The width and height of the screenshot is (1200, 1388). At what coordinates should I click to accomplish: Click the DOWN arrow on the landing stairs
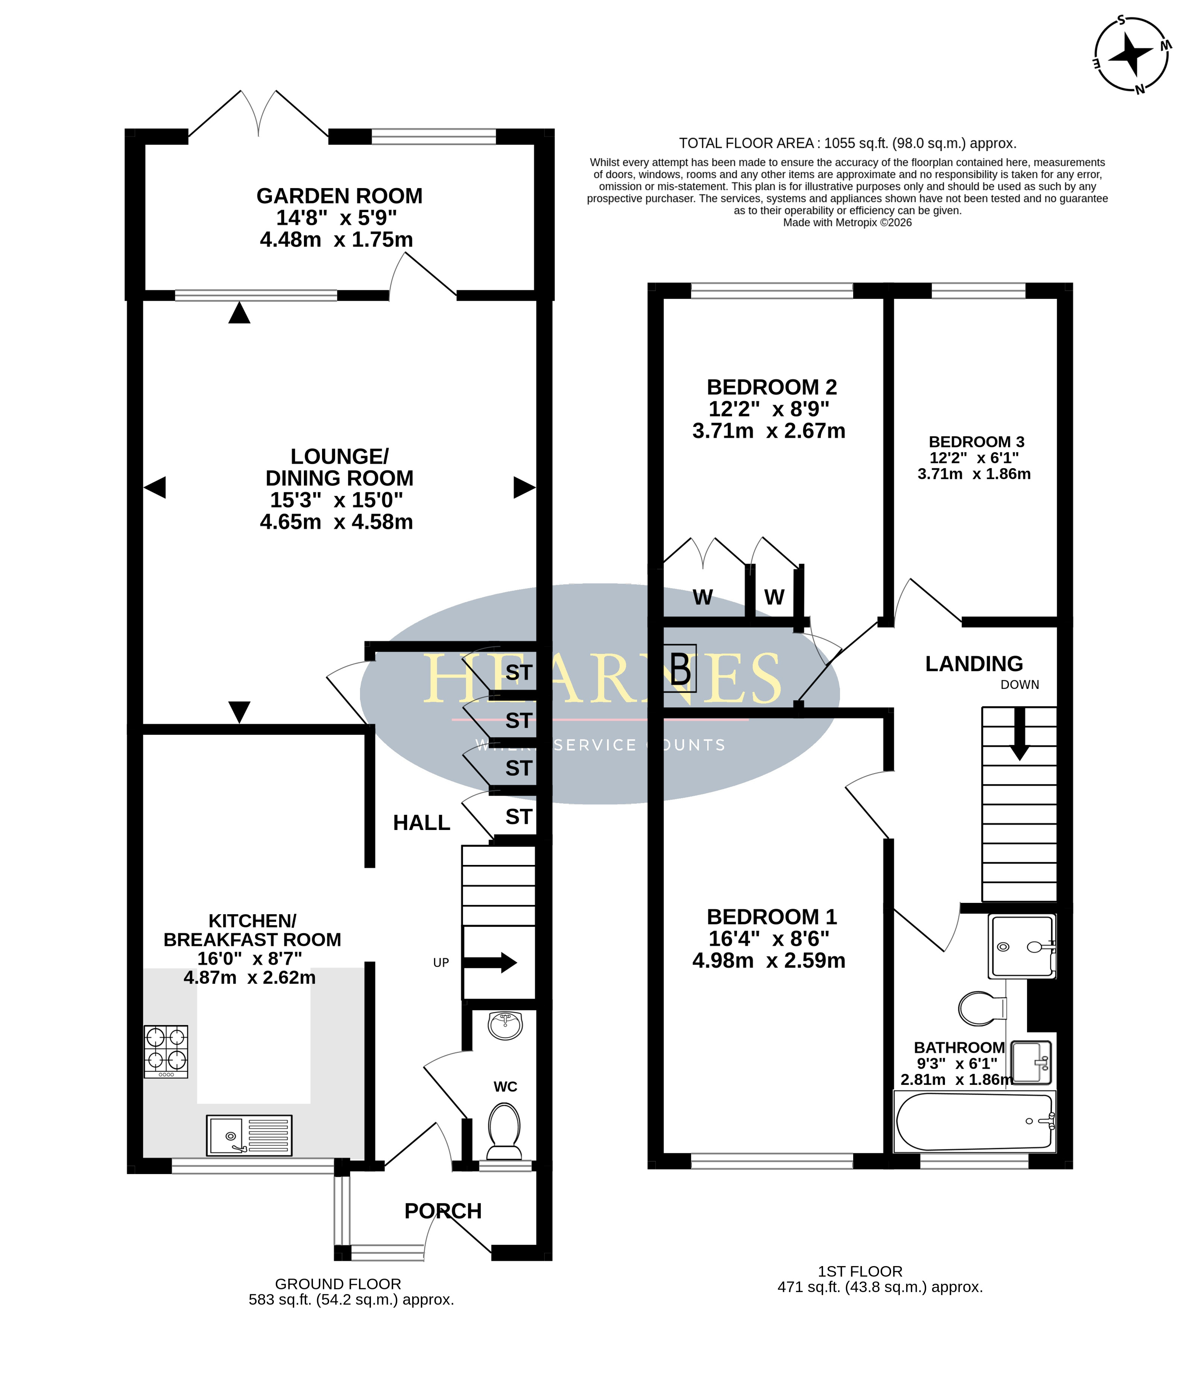1019,734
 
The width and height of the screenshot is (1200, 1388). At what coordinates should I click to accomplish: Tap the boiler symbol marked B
680,669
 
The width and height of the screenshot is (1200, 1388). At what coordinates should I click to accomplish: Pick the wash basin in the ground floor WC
505,1025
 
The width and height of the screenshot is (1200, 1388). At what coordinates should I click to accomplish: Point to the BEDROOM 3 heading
976,442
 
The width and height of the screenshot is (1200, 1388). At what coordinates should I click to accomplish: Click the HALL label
421,823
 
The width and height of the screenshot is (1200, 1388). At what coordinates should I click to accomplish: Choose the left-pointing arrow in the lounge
155,487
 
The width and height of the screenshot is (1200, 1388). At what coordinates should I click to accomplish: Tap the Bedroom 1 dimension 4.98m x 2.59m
769,960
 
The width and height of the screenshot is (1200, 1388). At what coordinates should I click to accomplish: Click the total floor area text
848,143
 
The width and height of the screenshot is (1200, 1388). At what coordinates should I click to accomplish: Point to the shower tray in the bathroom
1022,946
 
